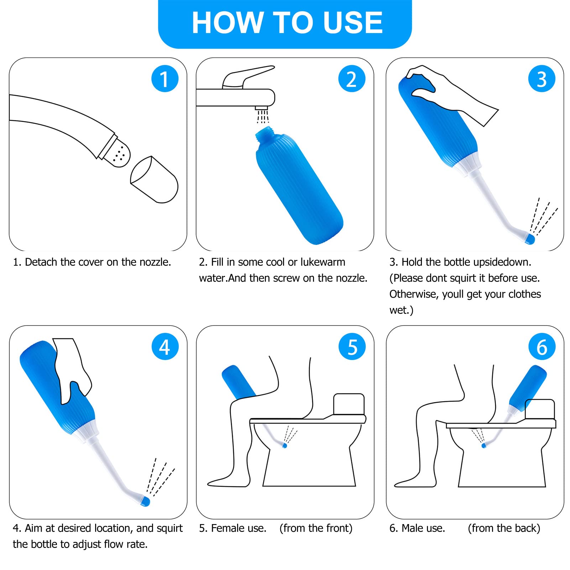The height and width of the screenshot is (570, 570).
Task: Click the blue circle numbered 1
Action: click(165, 79)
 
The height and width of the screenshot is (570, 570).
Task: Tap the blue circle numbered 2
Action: click(352, 79)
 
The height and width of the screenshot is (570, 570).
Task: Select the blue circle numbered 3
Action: click(542, 79)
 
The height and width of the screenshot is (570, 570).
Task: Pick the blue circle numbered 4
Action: click(165, 346)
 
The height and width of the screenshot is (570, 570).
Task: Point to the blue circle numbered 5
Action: click(352, 346)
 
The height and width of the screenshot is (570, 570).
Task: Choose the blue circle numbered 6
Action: click(542, 346)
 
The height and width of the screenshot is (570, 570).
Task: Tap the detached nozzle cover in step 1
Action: click(154, 180)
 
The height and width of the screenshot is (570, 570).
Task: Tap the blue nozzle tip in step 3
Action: click(530, 239)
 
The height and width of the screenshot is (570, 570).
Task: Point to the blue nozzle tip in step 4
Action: click(145, 502)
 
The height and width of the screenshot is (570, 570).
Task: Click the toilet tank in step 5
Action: click(349, 404)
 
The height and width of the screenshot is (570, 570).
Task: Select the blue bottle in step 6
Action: click(528, 387)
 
